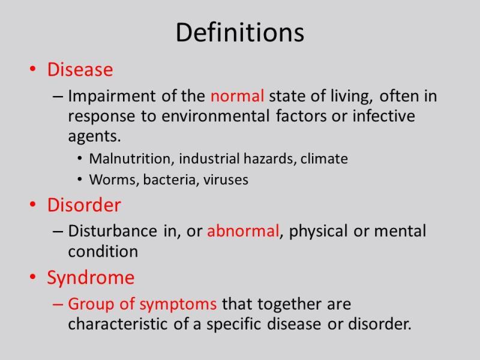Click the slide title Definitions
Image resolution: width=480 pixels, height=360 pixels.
(240, 33)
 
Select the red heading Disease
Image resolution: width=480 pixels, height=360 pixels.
(80, 70)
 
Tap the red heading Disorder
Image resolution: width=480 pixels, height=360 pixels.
(84, 206)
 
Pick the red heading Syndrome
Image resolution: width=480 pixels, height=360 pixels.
(91, 278)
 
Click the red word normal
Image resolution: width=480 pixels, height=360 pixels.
(238, 96)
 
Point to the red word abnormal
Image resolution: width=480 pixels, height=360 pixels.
(243, 232)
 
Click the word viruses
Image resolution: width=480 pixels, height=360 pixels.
(227, 180)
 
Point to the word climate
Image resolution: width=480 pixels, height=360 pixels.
(325, 159)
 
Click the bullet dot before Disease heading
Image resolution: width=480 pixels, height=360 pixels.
(32, 71)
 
